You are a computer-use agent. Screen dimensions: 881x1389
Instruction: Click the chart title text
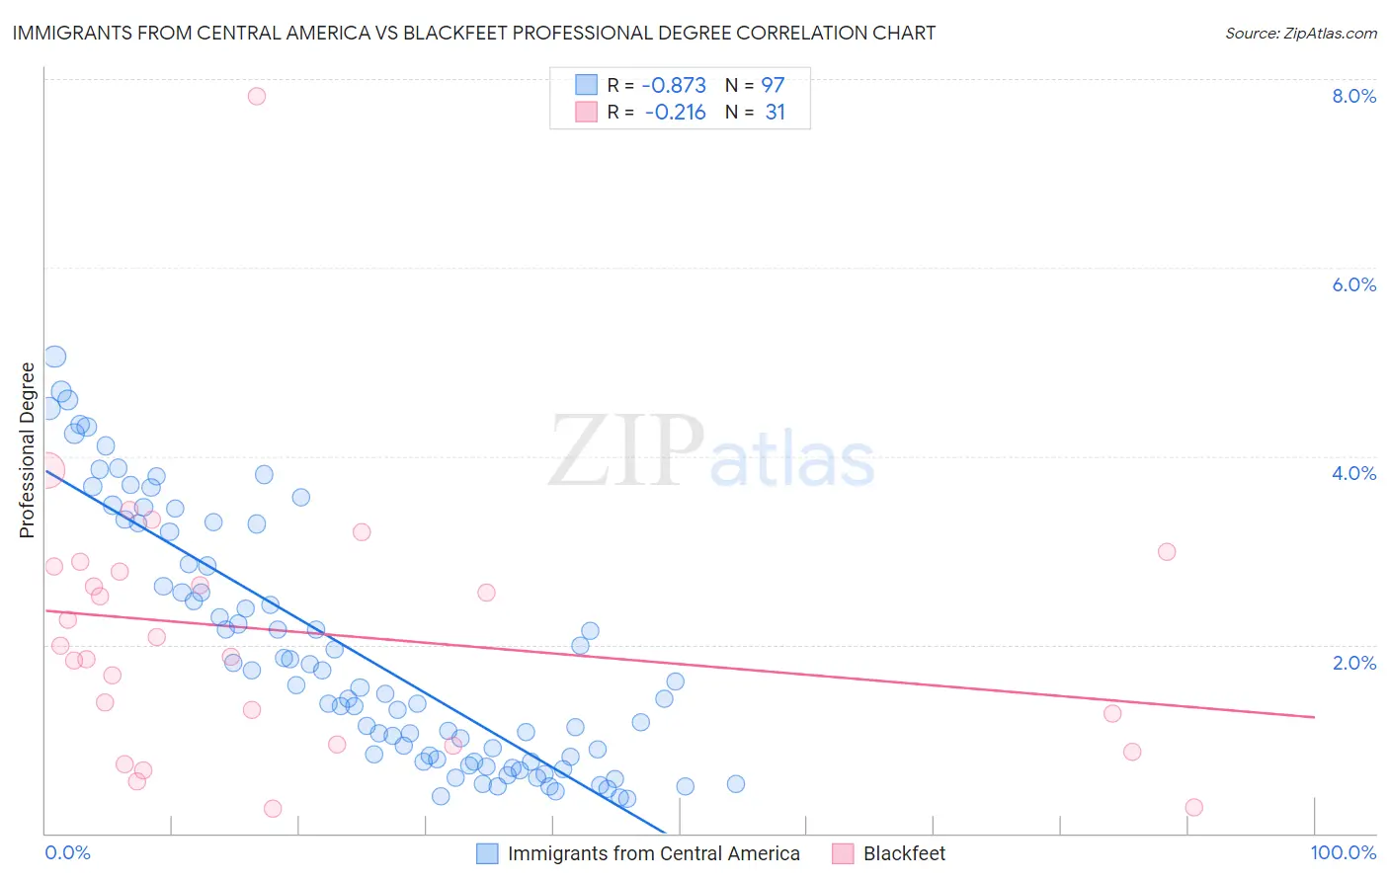[473, 33]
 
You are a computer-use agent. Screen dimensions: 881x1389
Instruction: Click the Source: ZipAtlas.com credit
[1300, 33]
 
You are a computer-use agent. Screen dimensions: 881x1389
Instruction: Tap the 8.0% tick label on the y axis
[1353, 96]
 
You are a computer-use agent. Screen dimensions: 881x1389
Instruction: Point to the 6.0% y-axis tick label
[1353, 284]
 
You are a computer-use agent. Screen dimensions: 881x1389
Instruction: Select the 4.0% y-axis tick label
[1353, 473]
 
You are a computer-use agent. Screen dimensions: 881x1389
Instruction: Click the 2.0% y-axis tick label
[1353, 663]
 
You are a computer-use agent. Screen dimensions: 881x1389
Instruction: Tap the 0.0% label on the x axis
[67, 852]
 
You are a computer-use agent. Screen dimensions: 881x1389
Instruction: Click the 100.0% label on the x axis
[1343, 852]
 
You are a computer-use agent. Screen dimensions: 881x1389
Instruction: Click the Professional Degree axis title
[27, 450]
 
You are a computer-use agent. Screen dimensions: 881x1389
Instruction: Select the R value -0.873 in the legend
[674, 85]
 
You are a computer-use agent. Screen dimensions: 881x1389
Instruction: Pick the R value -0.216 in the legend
[675, 113]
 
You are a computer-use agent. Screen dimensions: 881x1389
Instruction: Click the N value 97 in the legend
[773, 85]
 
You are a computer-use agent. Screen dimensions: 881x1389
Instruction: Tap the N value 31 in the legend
[775, 113]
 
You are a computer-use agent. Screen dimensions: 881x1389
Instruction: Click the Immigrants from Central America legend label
[653, 853]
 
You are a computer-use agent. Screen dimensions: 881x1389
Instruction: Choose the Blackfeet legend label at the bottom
[904, 853]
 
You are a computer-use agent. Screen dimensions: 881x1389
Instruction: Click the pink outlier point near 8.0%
[257, 96]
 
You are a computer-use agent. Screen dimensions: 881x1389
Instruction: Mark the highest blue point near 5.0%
[55, 358]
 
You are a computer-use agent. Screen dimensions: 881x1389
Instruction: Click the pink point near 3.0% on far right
[1167, 552]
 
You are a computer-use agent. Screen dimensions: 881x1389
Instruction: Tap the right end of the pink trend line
[1314, 717]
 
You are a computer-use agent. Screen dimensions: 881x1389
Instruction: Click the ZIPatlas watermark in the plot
[711, 452]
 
